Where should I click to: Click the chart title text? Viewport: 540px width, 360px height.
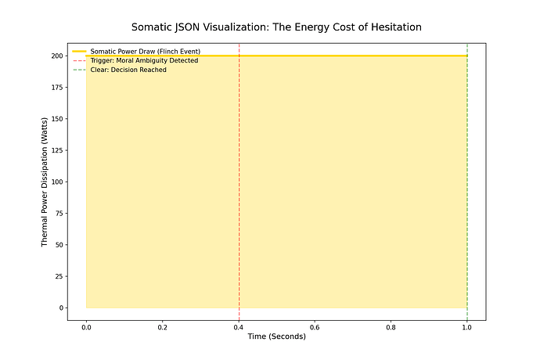click(276, 27)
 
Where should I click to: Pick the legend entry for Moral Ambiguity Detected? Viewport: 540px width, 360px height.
click(144, 60)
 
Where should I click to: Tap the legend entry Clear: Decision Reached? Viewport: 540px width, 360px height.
click(128, 70)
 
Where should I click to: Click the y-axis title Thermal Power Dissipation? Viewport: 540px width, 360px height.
click(45, 182)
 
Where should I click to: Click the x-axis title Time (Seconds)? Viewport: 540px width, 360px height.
click(276, 336)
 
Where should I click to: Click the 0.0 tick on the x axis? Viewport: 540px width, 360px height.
click(86, 326)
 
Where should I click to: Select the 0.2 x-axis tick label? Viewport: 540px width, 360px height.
click(162, 326)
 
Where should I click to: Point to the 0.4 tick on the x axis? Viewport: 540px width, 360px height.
click(239, 326)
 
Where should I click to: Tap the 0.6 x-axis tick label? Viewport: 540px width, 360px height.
click(315, 326)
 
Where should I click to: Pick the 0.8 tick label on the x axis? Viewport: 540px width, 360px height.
click(391, 326)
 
